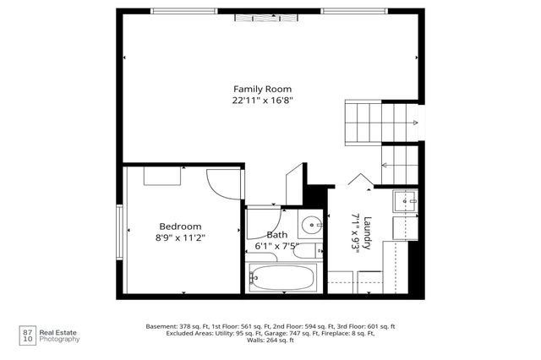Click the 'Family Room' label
[x=262, y=89]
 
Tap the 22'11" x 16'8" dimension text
[x=262, y=100]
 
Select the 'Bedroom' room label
[x=181, y=226]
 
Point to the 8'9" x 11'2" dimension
[x=181, y=237]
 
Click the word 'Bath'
[x=276, y=235]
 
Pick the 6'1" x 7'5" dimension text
[x=276, y=246]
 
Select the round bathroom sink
[x=311, y=225]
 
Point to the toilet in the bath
[x=309, y=251]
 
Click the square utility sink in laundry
[x=407, y=201]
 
